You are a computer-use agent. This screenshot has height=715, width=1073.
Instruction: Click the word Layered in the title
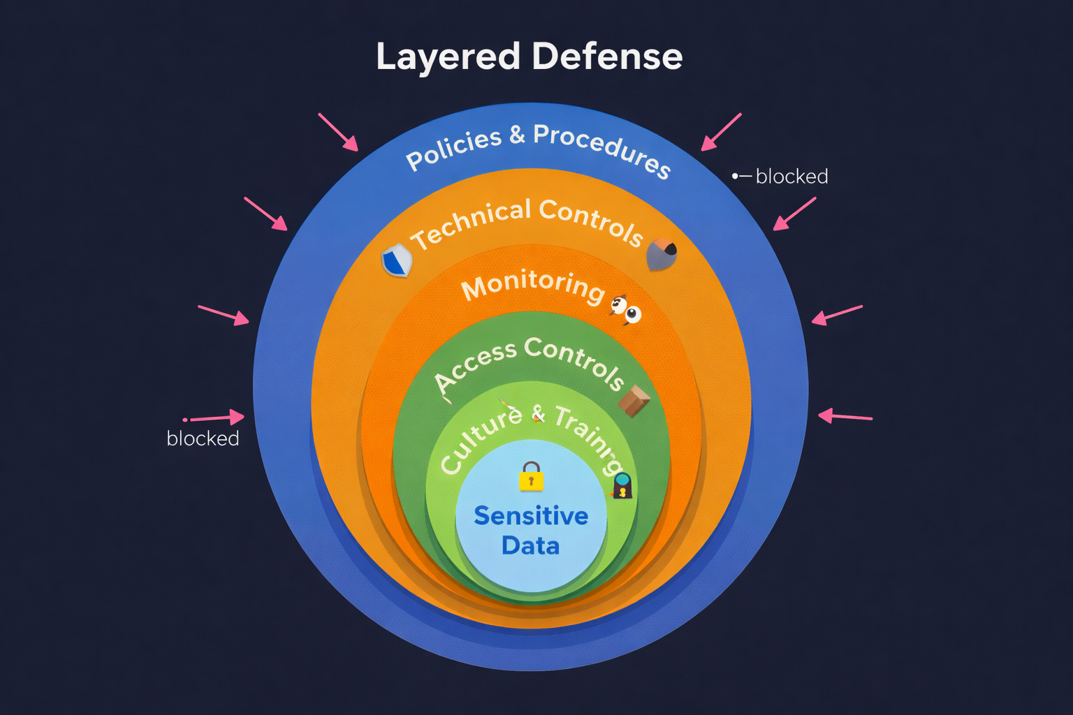pos(448,57)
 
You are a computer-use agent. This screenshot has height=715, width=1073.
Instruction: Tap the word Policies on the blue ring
pos(453,149)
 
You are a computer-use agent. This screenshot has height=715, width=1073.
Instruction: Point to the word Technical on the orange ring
pos(470,224)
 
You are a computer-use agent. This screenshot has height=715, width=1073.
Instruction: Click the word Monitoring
pos(532,285)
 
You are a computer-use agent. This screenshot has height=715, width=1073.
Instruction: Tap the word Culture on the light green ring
pos(481,440)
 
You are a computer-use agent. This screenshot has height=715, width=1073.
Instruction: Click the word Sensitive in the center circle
pos(531,516)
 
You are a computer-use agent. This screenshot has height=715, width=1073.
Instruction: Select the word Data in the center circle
pos(530,545)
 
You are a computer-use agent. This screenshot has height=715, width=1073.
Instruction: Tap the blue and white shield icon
pos(397,261)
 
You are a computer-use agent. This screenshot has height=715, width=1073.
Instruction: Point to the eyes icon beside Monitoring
pos(626,310)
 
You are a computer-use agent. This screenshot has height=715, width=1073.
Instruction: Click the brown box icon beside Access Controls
pos(634,401)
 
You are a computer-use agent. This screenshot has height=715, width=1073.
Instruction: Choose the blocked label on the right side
pos(791,177)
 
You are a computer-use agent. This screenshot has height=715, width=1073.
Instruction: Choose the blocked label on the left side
pos(203,438)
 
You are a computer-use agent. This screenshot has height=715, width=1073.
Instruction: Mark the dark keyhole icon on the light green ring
pos(622,486)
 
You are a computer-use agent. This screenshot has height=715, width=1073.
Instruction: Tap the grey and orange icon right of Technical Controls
pos(661,254)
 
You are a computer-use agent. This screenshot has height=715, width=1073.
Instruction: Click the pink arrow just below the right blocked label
pos(794,214)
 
